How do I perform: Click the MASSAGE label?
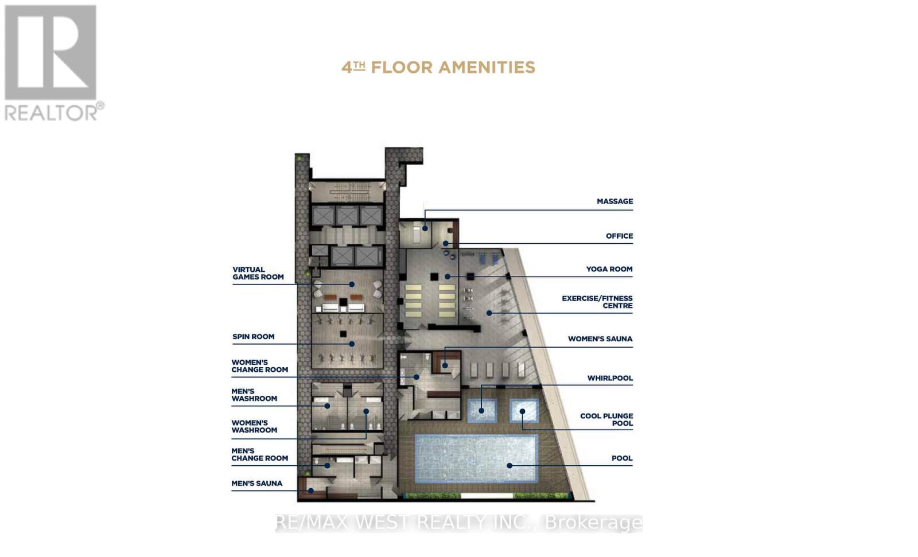click(614, 201)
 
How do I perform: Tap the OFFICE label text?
click(619, 236)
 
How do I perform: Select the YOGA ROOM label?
click(609, 269)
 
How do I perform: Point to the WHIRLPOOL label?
click(610, 378)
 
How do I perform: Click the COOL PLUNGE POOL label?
click(606, 419)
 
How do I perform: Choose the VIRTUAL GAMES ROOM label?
click(258, 274)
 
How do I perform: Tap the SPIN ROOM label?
click(253, 337)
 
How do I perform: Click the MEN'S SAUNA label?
click(256, 483)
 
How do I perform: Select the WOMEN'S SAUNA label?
click(600, 339)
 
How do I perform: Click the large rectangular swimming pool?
click(476, 459)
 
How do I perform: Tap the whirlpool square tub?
click(482, 410)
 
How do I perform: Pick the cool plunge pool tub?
click(524, 410)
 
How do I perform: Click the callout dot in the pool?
click(509, 466)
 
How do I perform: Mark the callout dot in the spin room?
click(352, 344)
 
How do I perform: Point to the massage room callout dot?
click(425, 228)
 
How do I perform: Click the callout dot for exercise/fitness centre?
click(489, 313)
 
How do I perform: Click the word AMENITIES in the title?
click(487, 67)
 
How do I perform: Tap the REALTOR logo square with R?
click(50, 52)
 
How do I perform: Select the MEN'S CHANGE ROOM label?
click(259, 454)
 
